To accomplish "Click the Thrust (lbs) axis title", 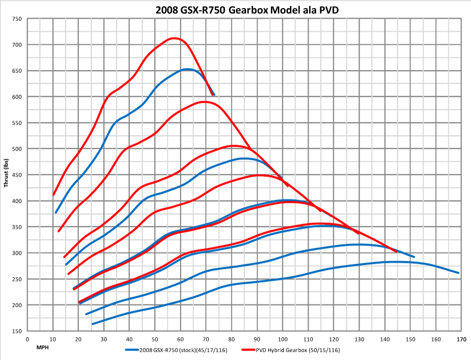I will [x=7, y=172].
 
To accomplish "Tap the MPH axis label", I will [x=42, y=348].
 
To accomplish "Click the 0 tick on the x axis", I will [x=27, y=339].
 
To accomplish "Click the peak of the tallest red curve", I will [x=174, y=38].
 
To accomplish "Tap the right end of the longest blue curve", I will [x=458, y=273].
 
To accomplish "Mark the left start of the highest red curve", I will [x=53, y=194].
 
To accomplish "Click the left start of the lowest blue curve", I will [x=92, y=324].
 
